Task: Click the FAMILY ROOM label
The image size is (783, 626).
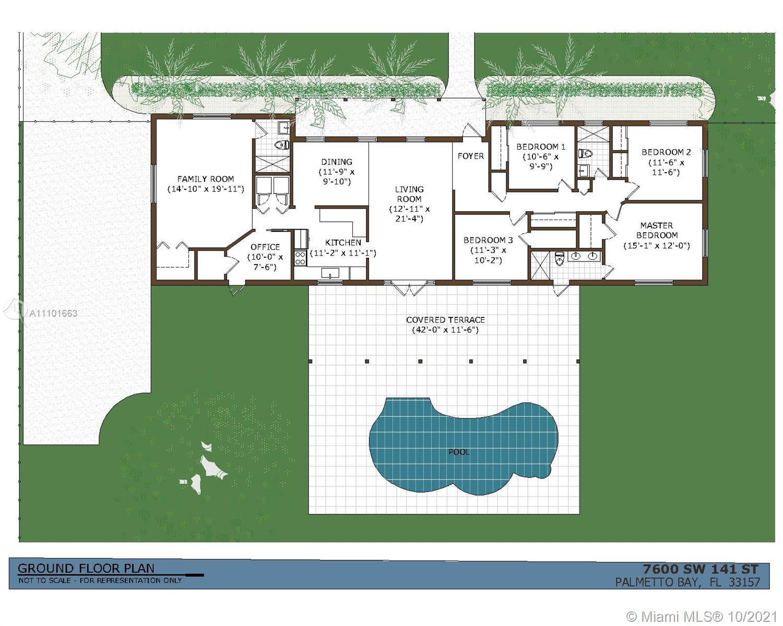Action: click(206, 179)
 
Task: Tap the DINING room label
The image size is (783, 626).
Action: click(337, 162)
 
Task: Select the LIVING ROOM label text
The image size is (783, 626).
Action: click(409, 194)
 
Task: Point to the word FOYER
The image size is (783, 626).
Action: click(471, 156)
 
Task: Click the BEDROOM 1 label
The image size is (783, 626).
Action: click(541, 147)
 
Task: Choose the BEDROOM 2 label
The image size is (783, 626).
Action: click(666, 152)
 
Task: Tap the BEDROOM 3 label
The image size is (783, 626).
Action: click(488, 240)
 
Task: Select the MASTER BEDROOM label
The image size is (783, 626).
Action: click(657, 230)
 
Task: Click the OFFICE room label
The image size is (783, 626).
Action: click(265, 247)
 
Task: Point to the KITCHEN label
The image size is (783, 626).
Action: click(343, 243)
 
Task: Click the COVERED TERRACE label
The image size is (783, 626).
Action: click(445, 320)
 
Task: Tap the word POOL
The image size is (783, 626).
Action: click(459, 452)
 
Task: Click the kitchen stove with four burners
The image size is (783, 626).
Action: click(300, 258)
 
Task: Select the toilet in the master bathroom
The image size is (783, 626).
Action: click(560, 259)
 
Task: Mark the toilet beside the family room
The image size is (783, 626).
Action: click(282, 146)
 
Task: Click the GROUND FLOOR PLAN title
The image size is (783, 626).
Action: click(86, 568)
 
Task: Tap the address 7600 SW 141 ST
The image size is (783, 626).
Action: click(701, 569)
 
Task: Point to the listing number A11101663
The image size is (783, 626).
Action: click(53, 313)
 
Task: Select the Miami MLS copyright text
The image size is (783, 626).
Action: click(702, 617)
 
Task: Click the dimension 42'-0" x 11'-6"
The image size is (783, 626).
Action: click(445, 330)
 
